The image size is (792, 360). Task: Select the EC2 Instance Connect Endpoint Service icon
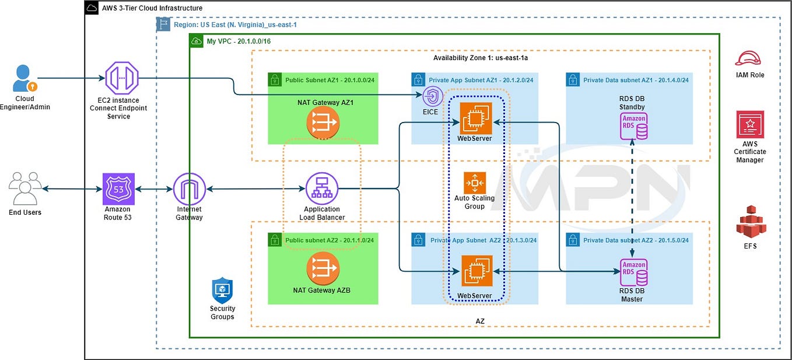[x=121, y=78]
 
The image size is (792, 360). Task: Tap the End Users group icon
[x=25, y=188]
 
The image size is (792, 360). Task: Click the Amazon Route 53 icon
[x=118, y=188]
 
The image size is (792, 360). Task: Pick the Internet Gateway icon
[x=190, y=188]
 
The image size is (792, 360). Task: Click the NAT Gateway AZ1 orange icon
[x=323, y=123]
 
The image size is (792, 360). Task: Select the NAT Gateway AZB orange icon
[x=323, y=268]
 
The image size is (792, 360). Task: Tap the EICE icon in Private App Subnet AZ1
[x=433, y=96]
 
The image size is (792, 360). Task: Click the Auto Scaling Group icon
[x=474, y=183]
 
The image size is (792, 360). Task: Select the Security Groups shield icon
[x=222, y=290]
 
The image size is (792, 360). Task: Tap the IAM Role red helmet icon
[x=749, y=58]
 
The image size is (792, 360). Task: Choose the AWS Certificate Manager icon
[x=749, y=124]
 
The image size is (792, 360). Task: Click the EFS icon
[x=750, y=222]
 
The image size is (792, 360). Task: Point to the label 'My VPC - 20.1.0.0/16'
[x=239, y=41]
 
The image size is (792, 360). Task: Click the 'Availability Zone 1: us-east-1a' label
[x=481, y=58]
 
